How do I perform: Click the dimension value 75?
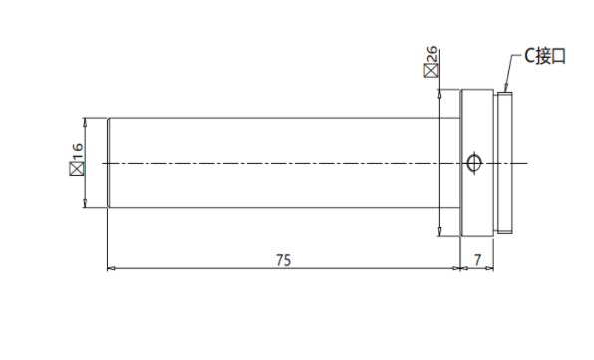tap(283, 260)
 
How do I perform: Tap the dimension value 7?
tap(477, 260)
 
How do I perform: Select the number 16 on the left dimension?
tap(77, 152)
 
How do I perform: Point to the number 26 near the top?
tap(431, 55)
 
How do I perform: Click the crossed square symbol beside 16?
tap(77, 169)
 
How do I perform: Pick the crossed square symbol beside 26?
tap(431, 71)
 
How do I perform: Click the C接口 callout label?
tap(545, 56)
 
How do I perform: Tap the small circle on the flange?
tap(473, 163)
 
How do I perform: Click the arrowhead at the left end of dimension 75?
tap(111, 268)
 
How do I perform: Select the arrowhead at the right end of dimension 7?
tap(490, 268)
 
